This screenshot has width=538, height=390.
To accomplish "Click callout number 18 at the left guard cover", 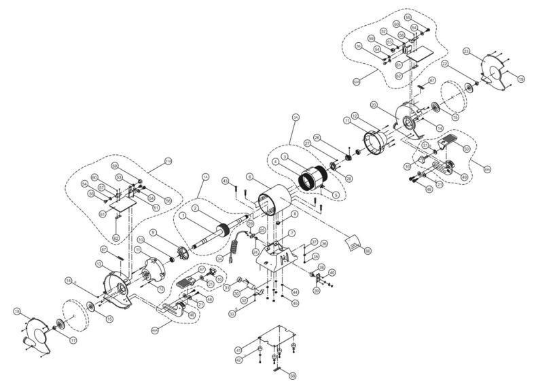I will [16, 311].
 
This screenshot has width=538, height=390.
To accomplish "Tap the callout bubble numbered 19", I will [521, 79].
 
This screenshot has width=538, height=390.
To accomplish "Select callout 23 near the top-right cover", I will [466, 52].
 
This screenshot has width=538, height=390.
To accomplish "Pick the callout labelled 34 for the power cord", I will [219, 259].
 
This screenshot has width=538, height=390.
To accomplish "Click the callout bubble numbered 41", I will [238, 349].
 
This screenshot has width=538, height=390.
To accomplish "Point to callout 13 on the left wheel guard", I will [98, 263].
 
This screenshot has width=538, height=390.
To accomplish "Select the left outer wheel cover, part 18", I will [39, 334].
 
